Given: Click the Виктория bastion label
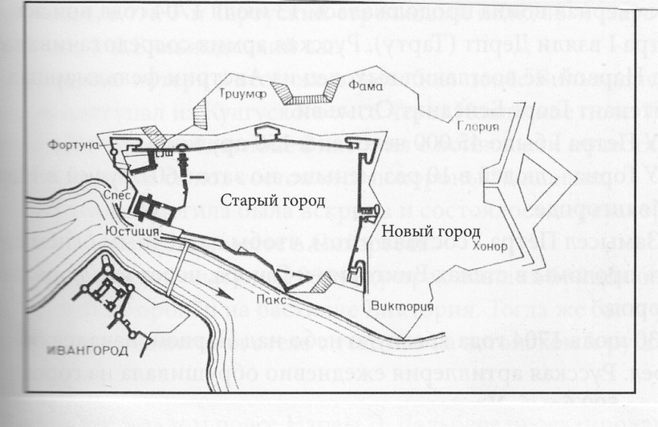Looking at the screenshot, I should [x=399, y=307].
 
